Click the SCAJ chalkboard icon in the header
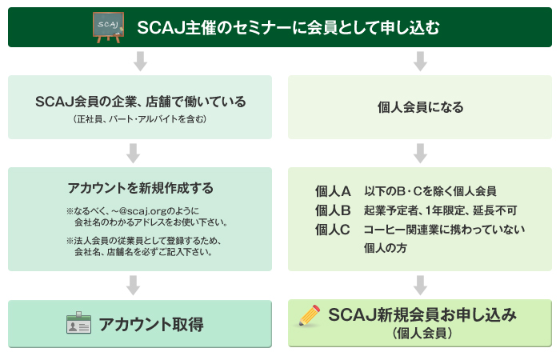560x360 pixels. tap(108, 27)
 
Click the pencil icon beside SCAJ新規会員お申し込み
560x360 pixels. tap(310, 315)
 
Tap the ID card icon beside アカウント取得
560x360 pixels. tap(78, 323)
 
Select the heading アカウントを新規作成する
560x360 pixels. tap(140, 188)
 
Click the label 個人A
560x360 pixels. tap(333, 191)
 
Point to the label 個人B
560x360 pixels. tap(333, 210)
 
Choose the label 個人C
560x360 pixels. tap(333, 230)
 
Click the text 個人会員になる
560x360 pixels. tap(420, 107)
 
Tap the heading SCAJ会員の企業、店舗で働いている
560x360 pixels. tap(140, 102)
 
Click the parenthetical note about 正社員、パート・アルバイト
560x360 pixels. tap(140, 119)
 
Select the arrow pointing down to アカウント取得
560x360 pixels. tap(134, 285)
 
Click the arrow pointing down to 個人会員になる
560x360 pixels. tap(420, 62)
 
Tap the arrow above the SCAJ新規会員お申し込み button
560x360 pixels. tap(420, 285)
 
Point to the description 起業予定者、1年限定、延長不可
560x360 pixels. tap(440, 210)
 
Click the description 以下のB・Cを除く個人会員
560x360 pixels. tap(430, 191)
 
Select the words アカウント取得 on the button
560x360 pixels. tap(151, 324)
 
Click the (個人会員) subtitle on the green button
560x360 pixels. tap(422, 334)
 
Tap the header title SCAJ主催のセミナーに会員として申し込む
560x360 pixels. tap(288, 27)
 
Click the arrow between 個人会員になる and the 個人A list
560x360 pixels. tap(420, 154)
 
